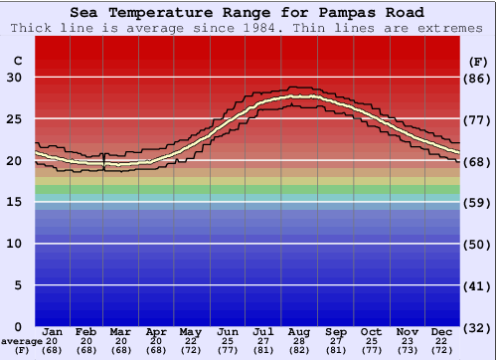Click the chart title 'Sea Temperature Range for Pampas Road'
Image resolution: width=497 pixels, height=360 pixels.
[x=248, y=12]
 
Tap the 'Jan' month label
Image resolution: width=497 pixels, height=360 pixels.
[x=54, y=331]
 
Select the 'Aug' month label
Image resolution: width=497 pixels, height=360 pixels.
[x=300, y=331]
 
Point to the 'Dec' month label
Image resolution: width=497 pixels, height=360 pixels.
[x=443, y=331]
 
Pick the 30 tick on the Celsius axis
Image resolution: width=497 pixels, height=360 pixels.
[x=14, y=78]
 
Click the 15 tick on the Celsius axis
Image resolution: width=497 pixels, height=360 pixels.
[x=14, y=202]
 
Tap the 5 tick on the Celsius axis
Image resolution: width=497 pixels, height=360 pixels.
[x=18, y=285]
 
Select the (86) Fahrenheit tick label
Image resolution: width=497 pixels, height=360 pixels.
[x=478, y=78]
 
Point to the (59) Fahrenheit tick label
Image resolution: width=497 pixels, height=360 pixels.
[x=478, y=202]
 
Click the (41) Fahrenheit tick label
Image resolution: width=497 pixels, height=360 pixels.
[x=478, y=285]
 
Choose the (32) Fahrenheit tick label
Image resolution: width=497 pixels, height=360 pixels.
[x=478, y=327]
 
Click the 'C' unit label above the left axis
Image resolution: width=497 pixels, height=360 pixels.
[x=17, y=62]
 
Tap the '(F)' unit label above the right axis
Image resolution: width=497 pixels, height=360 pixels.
[x=478, y=62]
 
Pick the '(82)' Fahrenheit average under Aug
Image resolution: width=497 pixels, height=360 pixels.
[x=300, y=350]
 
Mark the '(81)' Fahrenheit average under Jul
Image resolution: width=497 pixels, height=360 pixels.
[x=264, y=350]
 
